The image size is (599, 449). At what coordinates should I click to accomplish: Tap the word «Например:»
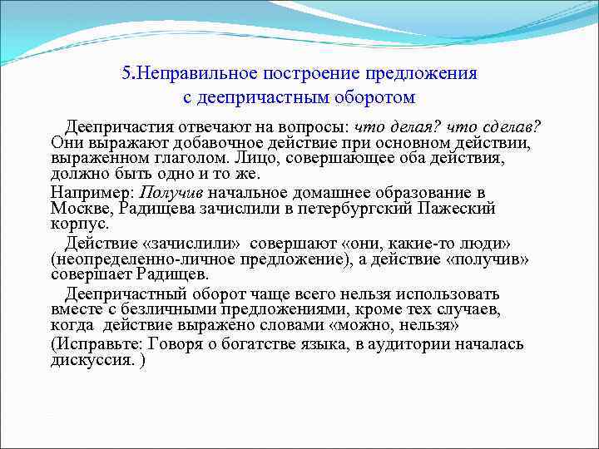tap(83, 191)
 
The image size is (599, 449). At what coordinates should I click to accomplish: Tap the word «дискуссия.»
tap(91, 360)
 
